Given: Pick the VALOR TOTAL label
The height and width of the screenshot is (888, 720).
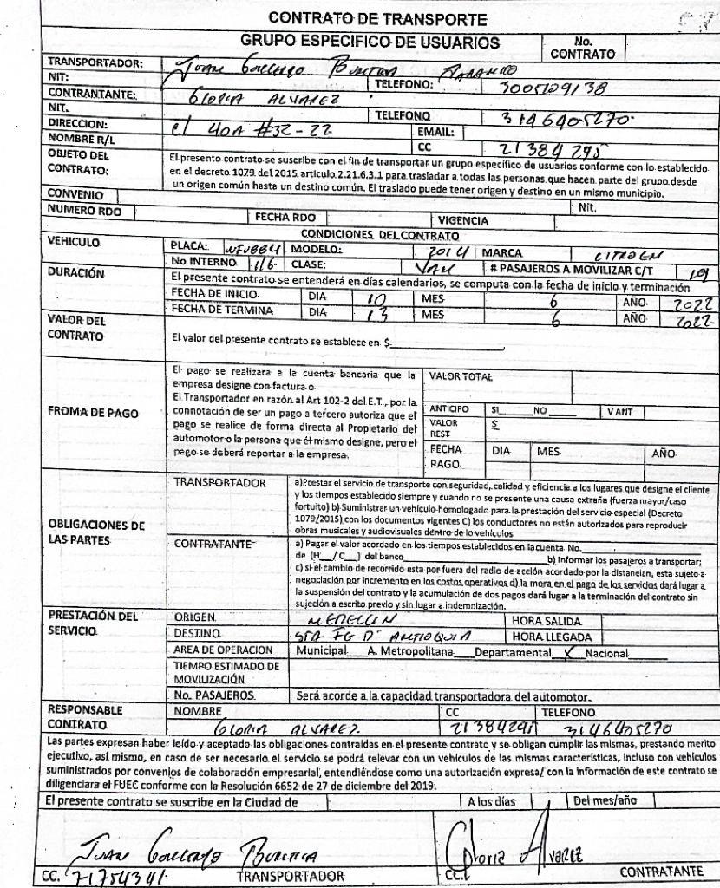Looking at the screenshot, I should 460,376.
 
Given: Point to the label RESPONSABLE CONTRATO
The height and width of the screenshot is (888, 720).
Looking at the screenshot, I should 80,715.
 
